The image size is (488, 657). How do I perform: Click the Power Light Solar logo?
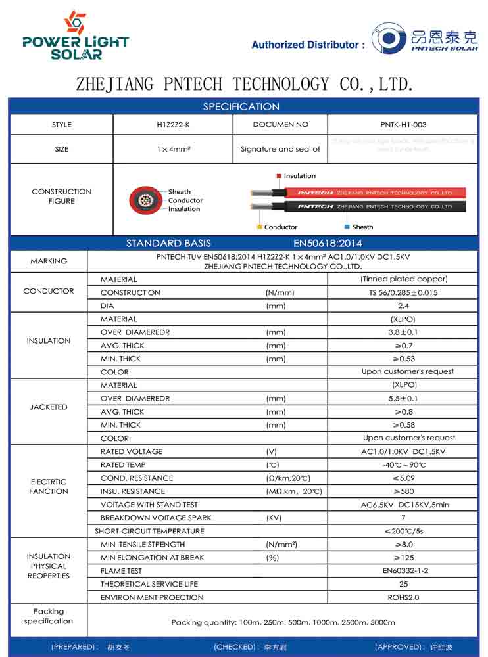[x=76, y=35]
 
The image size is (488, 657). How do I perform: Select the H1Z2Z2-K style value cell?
[x=174, y=125]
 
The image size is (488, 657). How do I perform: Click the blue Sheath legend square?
[x=347, y=227]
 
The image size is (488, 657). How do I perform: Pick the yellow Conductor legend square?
[x=259, y=227]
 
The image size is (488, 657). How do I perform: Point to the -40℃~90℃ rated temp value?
[x=403, y=465]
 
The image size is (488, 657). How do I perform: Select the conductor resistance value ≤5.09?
[x=403, y=478]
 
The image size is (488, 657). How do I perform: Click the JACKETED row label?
[x=49, y=407]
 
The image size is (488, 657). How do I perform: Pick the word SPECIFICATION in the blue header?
[x=241, y=106]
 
